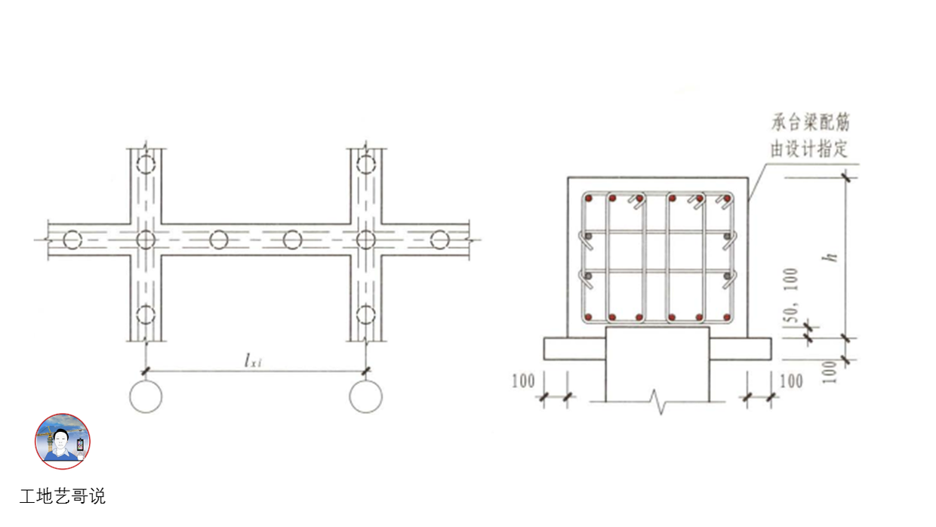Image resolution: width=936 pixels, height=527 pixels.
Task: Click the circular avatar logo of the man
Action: pos(62,441)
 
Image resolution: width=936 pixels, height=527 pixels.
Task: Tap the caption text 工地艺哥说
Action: pos(63,496)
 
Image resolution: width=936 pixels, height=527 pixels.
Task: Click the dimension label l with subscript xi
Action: pos(253,360)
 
